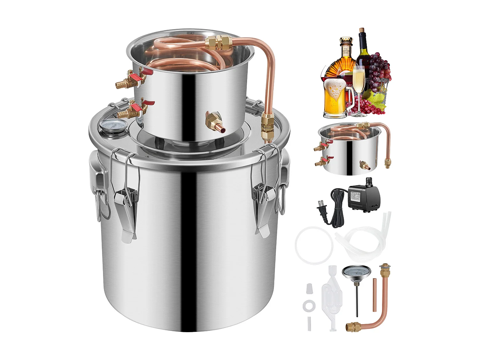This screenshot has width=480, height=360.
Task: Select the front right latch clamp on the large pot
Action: (263, 206)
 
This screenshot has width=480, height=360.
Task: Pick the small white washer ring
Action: (309, 306)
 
